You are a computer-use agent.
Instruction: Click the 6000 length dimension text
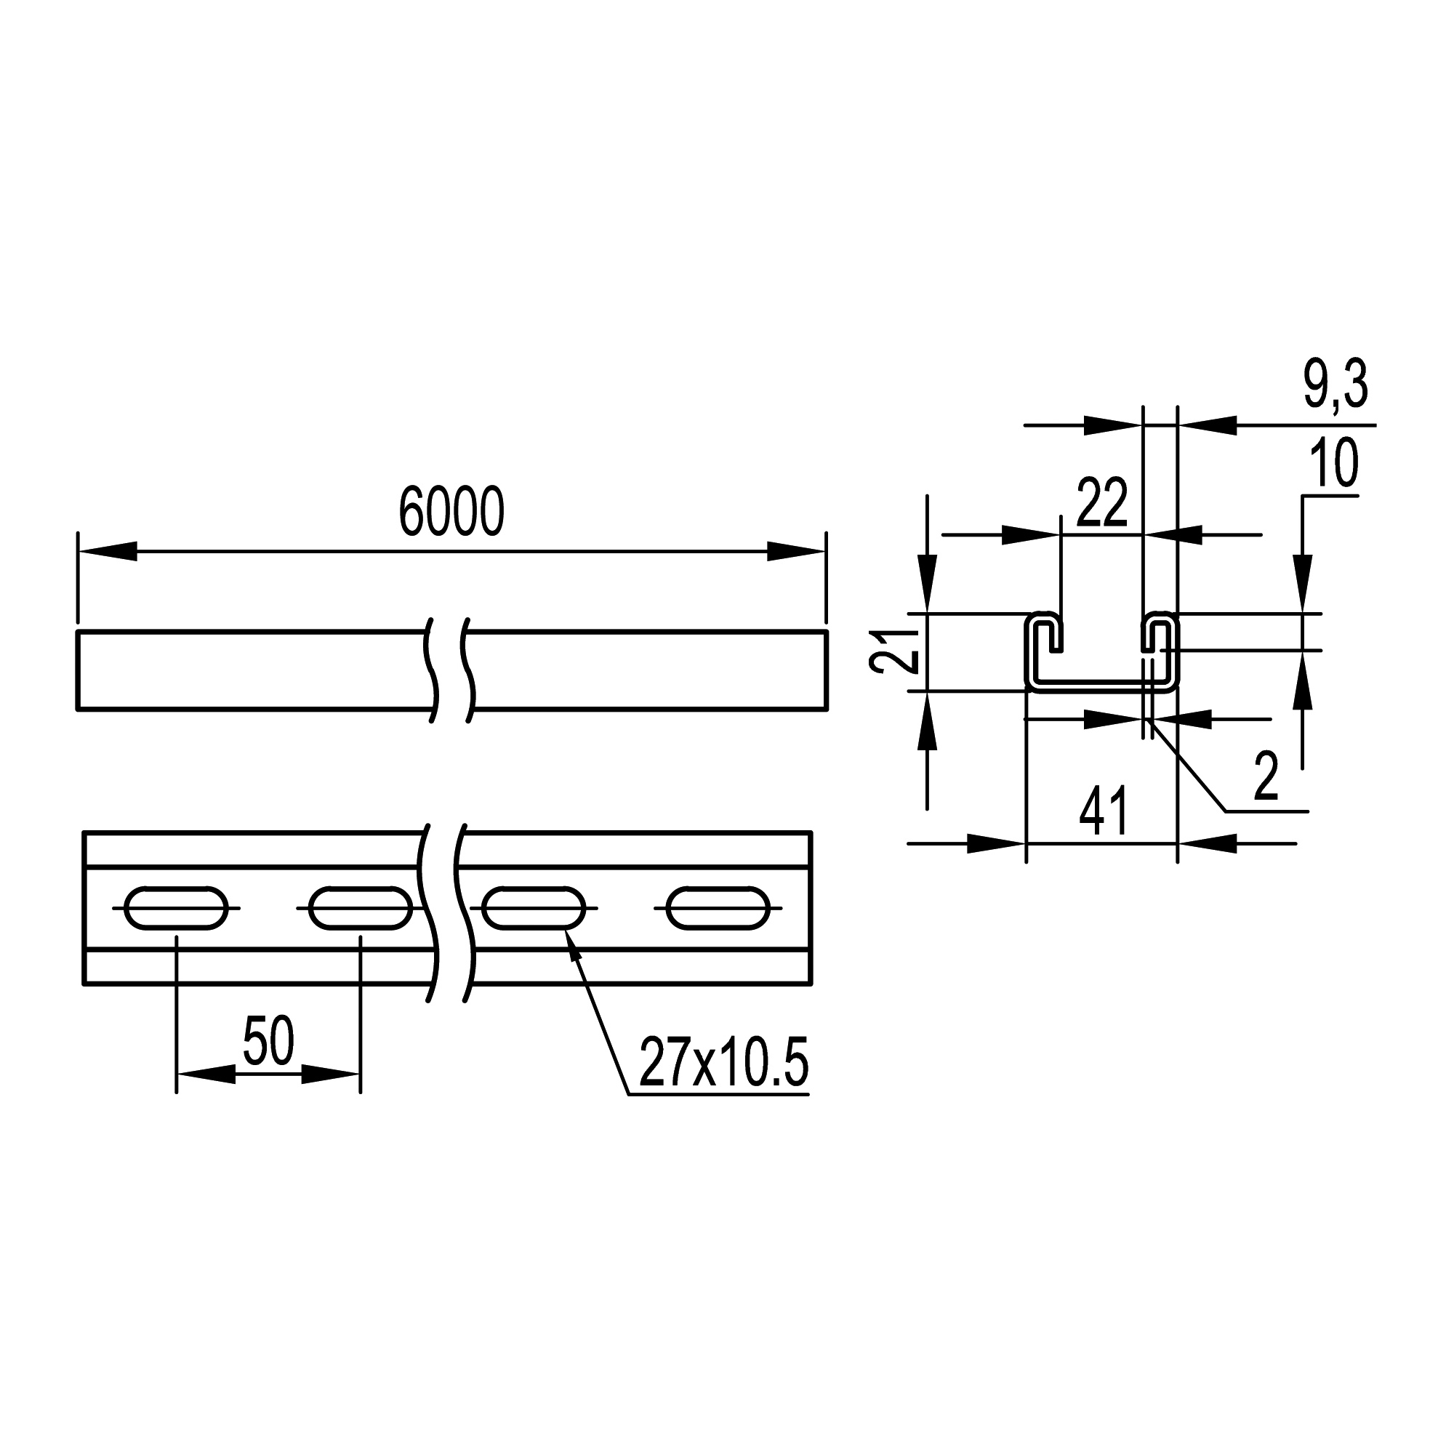tap(451, 512)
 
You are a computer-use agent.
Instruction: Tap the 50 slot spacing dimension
tap(268, 1042)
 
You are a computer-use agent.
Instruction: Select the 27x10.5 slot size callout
tap(723, 1064)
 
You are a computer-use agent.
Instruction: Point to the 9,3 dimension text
tap(1335, 385)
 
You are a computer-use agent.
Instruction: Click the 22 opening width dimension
tap(1102, 503)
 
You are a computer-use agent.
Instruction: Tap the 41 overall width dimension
tap(1104, 812)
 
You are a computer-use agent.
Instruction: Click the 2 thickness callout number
tap(1266, 778)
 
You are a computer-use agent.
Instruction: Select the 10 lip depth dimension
tap(1333, 465)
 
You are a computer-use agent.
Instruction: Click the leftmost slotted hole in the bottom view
tap(176, 908)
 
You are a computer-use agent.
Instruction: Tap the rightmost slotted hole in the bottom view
tap(718, 908)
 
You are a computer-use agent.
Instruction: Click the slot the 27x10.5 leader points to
tap(534, 908)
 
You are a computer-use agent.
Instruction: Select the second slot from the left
tap(361, 908)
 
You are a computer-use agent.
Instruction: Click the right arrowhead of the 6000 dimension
tap(796, 551)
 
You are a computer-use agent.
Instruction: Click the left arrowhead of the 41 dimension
tap(995, 843)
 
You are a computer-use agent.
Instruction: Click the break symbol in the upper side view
tap(451, 670)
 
